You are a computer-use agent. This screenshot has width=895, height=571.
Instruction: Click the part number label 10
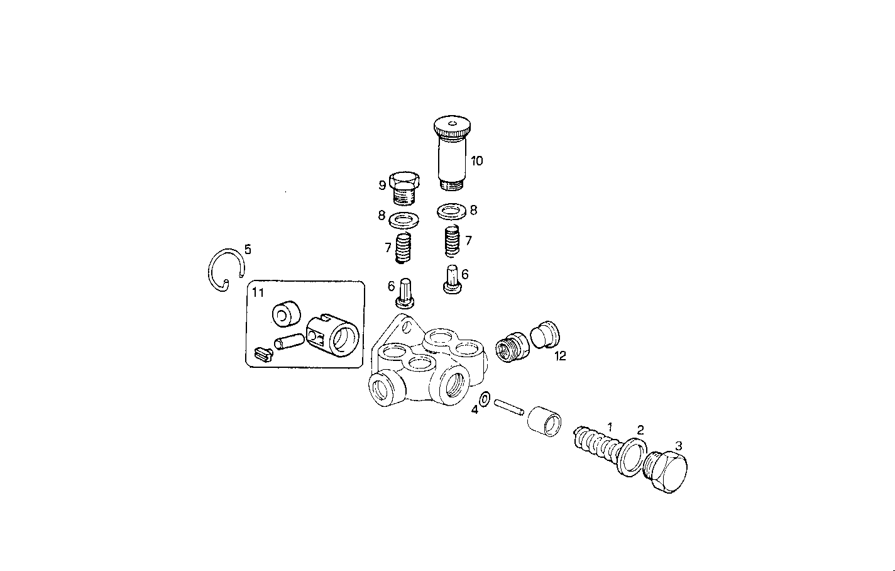(x=476, y=161)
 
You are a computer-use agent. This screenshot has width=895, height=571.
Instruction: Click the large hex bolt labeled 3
(x=668, y=472)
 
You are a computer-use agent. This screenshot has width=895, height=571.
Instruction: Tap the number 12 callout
(x=560, y=356)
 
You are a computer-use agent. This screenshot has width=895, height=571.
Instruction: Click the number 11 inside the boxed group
(x=258, y=292)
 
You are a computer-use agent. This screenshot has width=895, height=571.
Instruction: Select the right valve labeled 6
(x=451, y=277)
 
